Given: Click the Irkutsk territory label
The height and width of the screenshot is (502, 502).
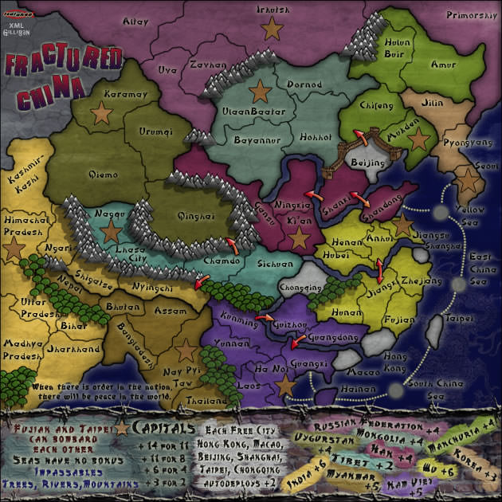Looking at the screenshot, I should click(273, 10).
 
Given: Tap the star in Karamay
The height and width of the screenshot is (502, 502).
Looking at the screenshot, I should click(101, 113).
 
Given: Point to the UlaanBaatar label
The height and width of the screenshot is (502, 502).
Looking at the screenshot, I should click(253, 112).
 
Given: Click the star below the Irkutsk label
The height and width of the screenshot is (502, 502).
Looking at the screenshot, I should click(273, 29).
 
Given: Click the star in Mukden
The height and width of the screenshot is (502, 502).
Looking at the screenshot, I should click(417, 138).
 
